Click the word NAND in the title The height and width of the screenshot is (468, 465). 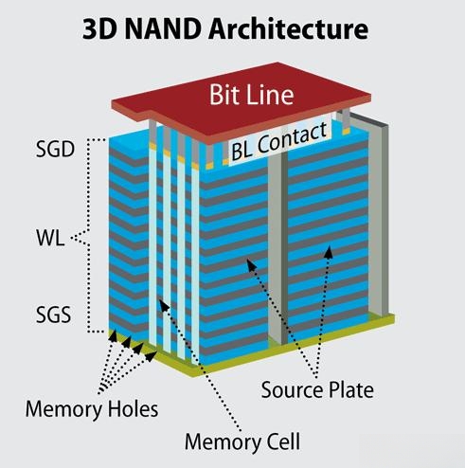pos(163,28)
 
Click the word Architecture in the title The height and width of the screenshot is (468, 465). pos(288,28)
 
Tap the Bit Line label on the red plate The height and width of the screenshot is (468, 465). pos(252,95)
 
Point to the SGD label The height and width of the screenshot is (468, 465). pos(55,149)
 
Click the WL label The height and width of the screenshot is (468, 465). pos(50,238)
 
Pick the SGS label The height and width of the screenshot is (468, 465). pos(53,315)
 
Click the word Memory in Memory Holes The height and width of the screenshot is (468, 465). pos(63,409)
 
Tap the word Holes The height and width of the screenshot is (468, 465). pos(134,408)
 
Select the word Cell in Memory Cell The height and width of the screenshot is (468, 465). pos(283,441)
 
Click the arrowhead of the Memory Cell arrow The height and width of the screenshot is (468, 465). pos(164,305)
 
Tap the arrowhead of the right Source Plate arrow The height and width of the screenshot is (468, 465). pos(329,252)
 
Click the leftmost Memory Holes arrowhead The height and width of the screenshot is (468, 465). pos(114,334)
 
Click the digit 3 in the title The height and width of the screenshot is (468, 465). pos(89,29)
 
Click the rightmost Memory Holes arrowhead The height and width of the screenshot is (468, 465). pos(151,356)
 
